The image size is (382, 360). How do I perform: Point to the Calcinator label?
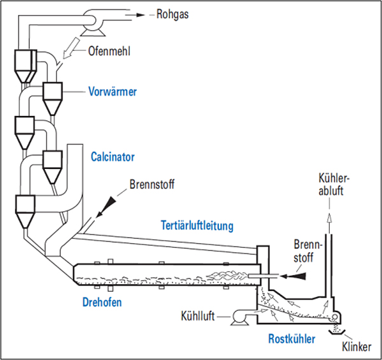(113, 155)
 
